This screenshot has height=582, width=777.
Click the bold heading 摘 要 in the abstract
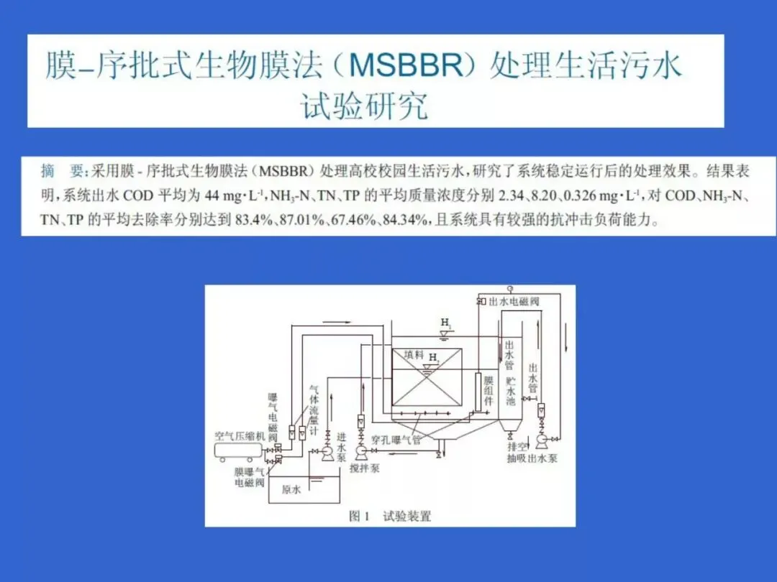tap(63, 172)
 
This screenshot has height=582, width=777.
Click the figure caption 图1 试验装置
tap(389, 515)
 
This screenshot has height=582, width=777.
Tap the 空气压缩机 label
tap(240, 435)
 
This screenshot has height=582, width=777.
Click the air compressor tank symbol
tap(240, 451)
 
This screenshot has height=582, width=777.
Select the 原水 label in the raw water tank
tap(291, 491)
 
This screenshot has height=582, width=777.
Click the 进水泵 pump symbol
tap(327, 451)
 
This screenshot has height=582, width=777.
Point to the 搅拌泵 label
tap(365, 468)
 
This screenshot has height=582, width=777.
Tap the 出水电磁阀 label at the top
tap(514, 302)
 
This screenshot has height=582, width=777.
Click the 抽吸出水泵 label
tap(532, 458)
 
